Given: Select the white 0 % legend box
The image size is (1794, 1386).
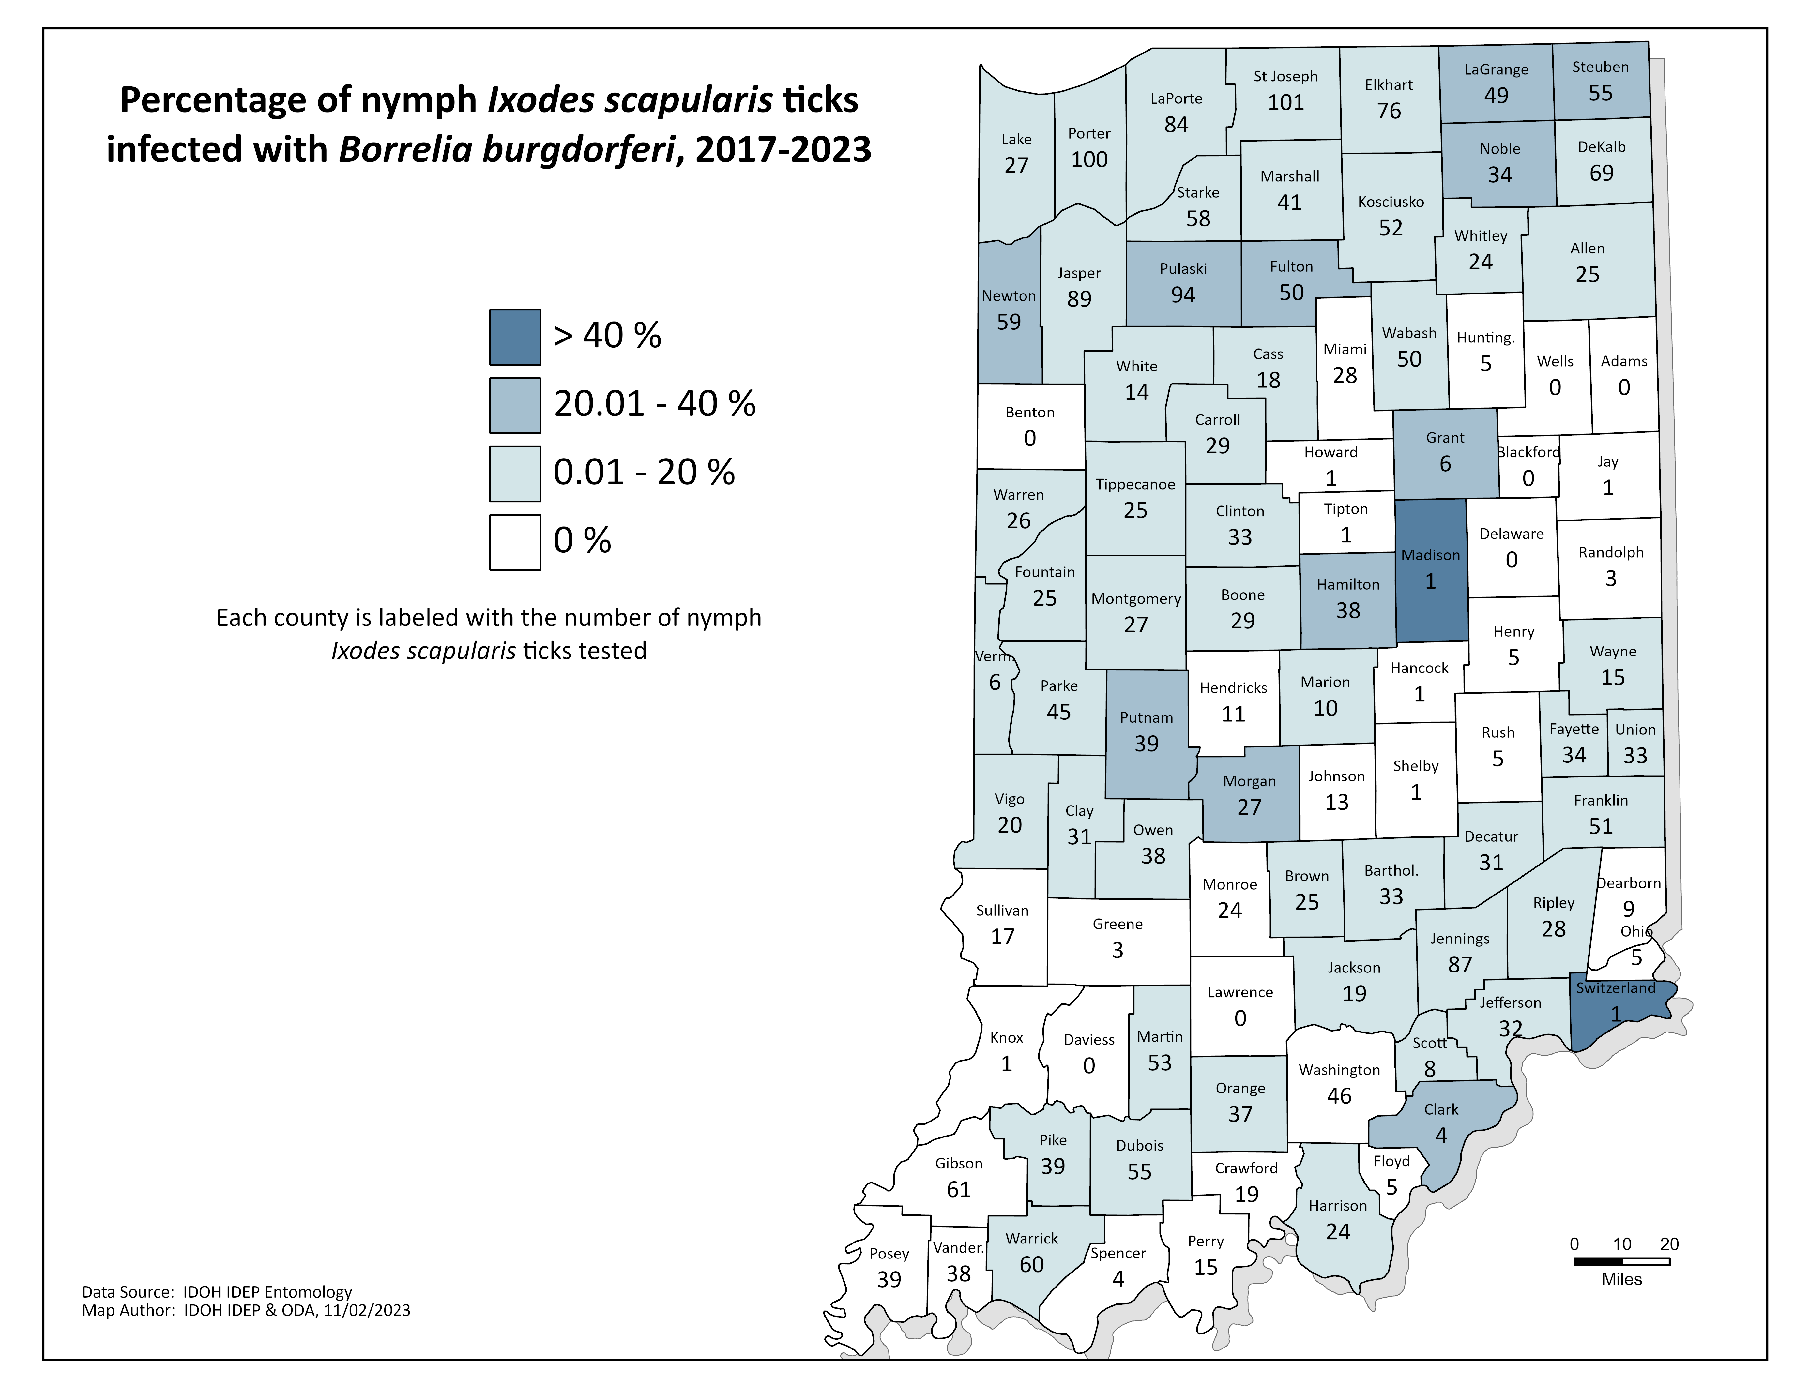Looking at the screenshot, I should point(515,542).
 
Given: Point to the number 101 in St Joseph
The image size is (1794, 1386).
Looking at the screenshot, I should point(1285,103).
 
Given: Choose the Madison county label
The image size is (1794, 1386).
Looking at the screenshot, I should point(1430,555).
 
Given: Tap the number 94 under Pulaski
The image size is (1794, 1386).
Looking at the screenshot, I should point(1183,295).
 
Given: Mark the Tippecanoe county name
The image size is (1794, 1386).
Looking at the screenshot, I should point(1135,484).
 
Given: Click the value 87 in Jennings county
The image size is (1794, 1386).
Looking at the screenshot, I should point(1460,965).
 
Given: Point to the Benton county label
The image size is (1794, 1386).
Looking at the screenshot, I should point(1029,412).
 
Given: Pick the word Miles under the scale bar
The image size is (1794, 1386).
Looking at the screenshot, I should point(1621,1279).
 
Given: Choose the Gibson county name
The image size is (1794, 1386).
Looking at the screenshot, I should point(959,1164).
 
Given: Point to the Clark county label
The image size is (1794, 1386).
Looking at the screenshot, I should point(1441,1109).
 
